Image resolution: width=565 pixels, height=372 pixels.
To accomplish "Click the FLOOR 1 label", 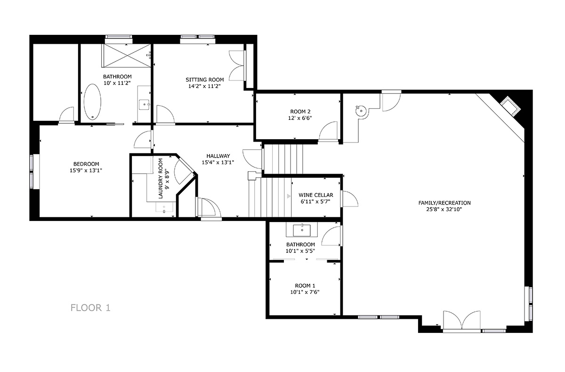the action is pyautogui.click(x=90, y=308).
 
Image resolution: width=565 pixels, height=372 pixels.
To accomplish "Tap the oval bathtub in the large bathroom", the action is pyautogui.click(x=92, y=102).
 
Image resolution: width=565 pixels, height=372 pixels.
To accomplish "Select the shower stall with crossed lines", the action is pyautogui.click(x=126, y=55).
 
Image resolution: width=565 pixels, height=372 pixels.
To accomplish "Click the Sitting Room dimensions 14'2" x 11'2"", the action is pyautogui.click(x=204, y=86).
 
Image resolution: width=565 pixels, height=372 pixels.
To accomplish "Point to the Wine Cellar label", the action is pyautogui.click(x=316, y=195).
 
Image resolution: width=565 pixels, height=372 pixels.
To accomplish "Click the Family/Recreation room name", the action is pyautogui.click(x=444, y=203).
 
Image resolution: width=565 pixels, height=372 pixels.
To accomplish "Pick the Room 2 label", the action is pyautogui.click(x=300, y=111).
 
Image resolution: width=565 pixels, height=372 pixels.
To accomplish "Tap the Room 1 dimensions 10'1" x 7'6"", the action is pyautogui.click(x=305, y=292).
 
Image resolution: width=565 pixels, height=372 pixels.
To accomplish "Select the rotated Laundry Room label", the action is pyautogui.click(x=161, y=178).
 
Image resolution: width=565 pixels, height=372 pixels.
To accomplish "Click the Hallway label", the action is pyautogui.click(x=218, y=156).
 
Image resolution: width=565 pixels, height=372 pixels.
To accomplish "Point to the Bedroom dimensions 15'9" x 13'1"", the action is pyautogui.click(x=86, y=171).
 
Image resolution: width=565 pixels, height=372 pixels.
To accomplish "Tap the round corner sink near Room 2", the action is pyautogui.click(x=361, y=111).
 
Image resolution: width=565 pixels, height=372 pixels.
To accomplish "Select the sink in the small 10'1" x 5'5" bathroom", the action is pyautogui.click(x=302, y=230).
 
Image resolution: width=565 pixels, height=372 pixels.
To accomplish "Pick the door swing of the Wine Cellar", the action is pyautogui.click(x=350, y=199).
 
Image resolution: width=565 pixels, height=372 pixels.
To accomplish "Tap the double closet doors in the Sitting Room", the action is pyautogui.click(x=237, y=65).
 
